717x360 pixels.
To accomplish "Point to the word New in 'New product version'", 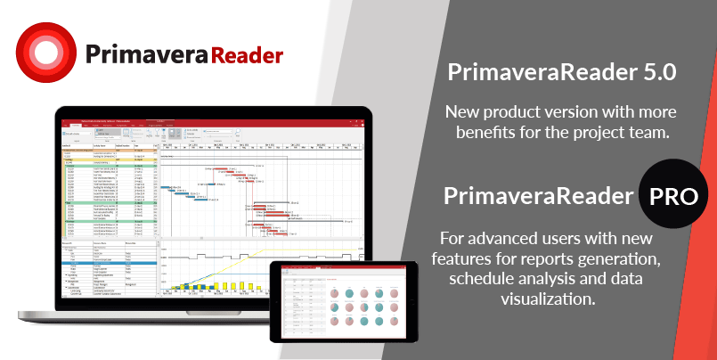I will coord(464,113).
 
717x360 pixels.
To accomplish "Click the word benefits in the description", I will coord(492,134).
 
